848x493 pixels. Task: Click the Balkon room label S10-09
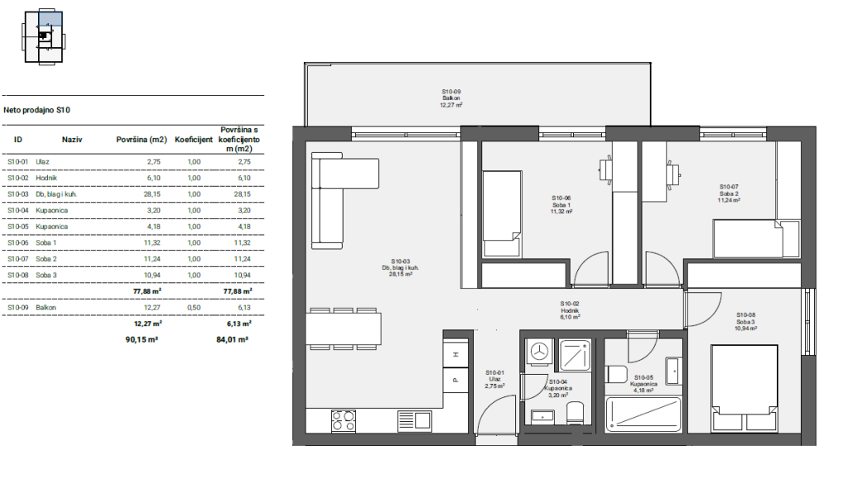coord(451,98)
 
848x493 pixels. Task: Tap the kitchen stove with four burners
coord(344,421)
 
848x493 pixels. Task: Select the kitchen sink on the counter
coord(415,421)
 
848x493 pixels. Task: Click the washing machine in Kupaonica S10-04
coord(539,352)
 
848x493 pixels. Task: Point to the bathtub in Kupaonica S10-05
coord(643,414)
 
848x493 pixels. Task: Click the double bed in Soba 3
coord(744,388)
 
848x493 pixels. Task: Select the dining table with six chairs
coord(344,328)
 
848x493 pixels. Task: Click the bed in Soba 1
coord(502,214)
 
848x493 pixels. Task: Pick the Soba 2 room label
coord(729,194)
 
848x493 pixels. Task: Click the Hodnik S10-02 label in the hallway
coord(570,310)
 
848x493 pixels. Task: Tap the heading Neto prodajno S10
coord(36,110)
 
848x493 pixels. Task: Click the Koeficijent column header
coord(194,139)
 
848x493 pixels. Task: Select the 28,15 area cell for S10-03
coord(153,194)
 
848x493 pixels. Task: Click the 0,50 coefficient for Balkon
coord(194,307)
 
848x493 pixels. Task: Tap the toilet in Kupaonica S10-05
coord(616,374)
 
